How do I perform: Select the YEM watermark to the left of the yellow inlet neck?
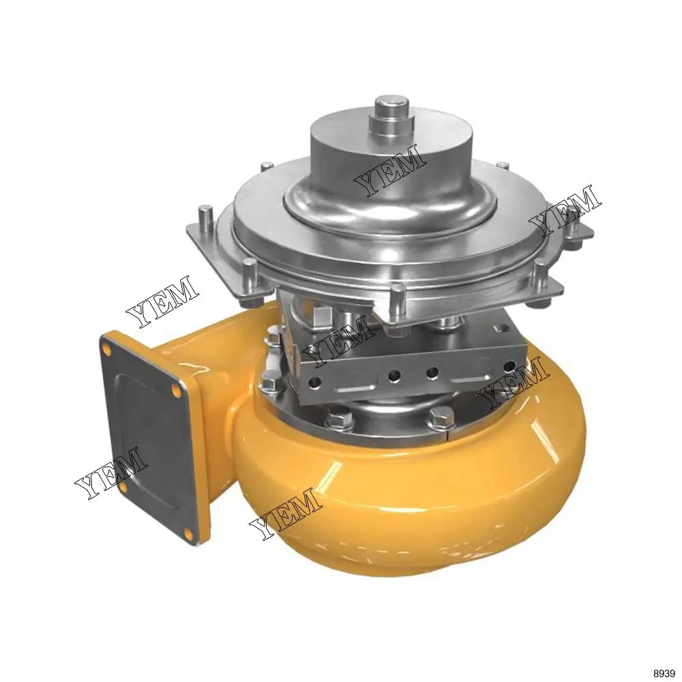(x=162, y=301)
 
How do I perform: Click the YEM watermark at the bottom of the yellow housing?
(x=285, y=514)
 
